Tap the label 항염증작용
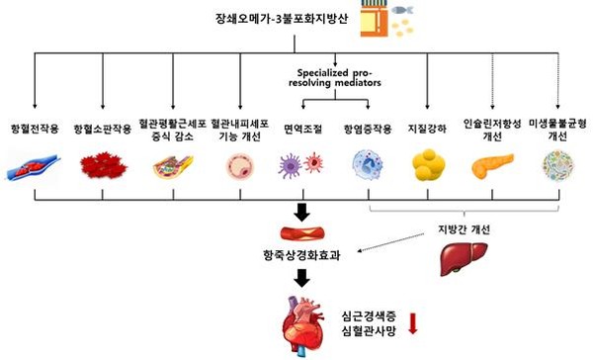363,130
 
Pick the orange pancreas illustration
492,165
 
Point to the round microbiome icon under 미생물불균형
557,165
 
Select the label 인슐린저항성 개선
492,130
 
